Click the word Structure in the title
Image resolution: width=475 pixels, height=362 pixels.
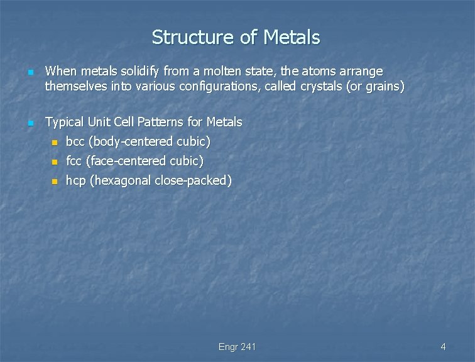coord(193,38)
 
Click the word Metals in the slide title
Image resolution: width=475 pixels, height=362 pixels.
coord(292,38)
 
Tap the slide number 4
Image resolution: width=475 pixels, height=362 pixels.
coord(443,347)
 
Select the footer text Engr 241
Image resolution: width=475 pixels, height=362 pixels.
coord(237,347)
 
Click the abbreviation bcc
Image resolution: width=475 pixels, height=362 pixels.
coord(76,141)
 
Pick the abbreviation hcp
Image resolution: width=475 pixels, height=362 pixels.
coord(76,181)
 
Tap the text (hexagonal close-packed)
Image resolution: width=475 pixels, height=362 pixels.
coord(161,181)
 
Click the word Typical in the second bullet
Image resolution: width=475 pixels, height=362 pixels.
coord(65,121)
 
